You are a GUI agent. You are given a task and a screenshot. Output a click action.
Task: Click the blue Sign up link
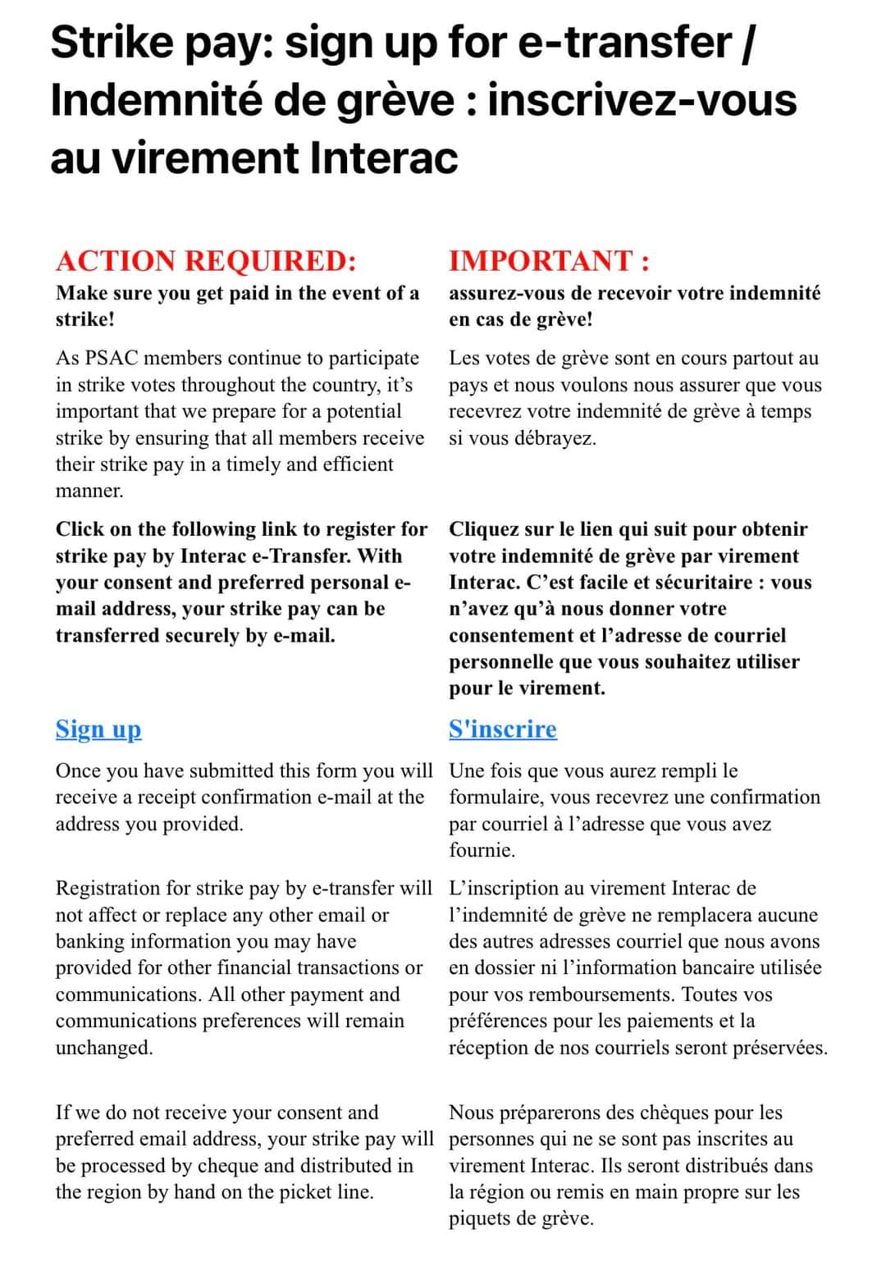98,729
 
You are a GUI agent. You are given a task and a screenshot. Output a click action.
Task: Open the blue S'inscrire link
502,729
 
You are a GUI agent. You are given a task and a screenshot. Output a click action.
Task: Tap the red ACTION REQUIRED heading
206,261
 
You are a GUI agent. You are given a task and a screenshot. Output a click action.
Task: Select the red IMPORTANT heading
549,261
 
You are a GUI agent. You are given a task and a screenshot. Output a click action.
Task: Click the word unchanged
103,1048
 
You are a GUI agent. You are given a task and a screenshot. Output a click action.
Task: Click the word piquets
479,1219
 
